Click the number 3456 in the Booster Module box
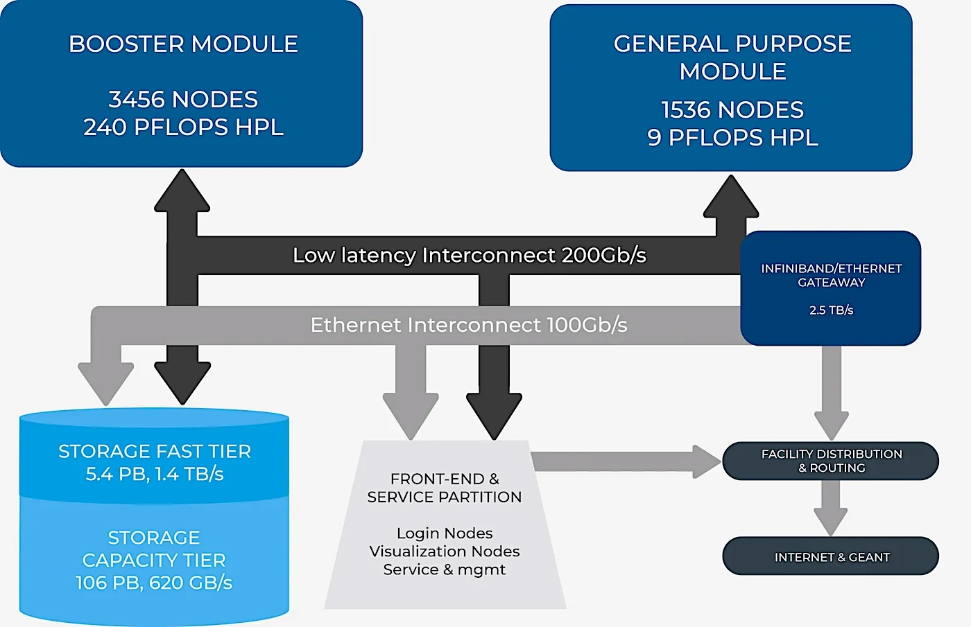(137, 99)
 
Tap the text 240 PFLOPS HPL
(183, 127)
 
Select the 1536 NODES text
(732, 109)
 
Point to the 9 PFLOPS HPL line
(732, 138)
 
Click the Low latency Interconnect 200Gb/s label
(470, 255)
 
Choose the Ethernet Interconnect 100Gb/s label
(469, 325)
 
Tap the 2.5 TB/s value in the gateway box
(831, 310)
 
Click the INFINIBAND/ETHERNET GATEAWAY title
(831, 276)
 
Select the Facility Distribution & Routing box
(831, 461)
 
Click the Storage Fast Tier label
(155, 452)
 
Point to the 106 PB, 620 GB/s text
(154, 583)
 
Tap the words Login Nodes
(445, 533)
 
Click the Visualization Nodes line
(445, 551)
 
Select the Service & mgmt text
(445, 569)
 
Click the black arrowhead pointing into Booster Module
(182, 191)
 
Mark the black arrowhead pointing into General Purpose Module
(731, 196)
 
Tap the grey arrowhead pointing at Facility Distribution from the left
(707, 461)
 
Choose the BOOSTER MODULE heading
(183, 44)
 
